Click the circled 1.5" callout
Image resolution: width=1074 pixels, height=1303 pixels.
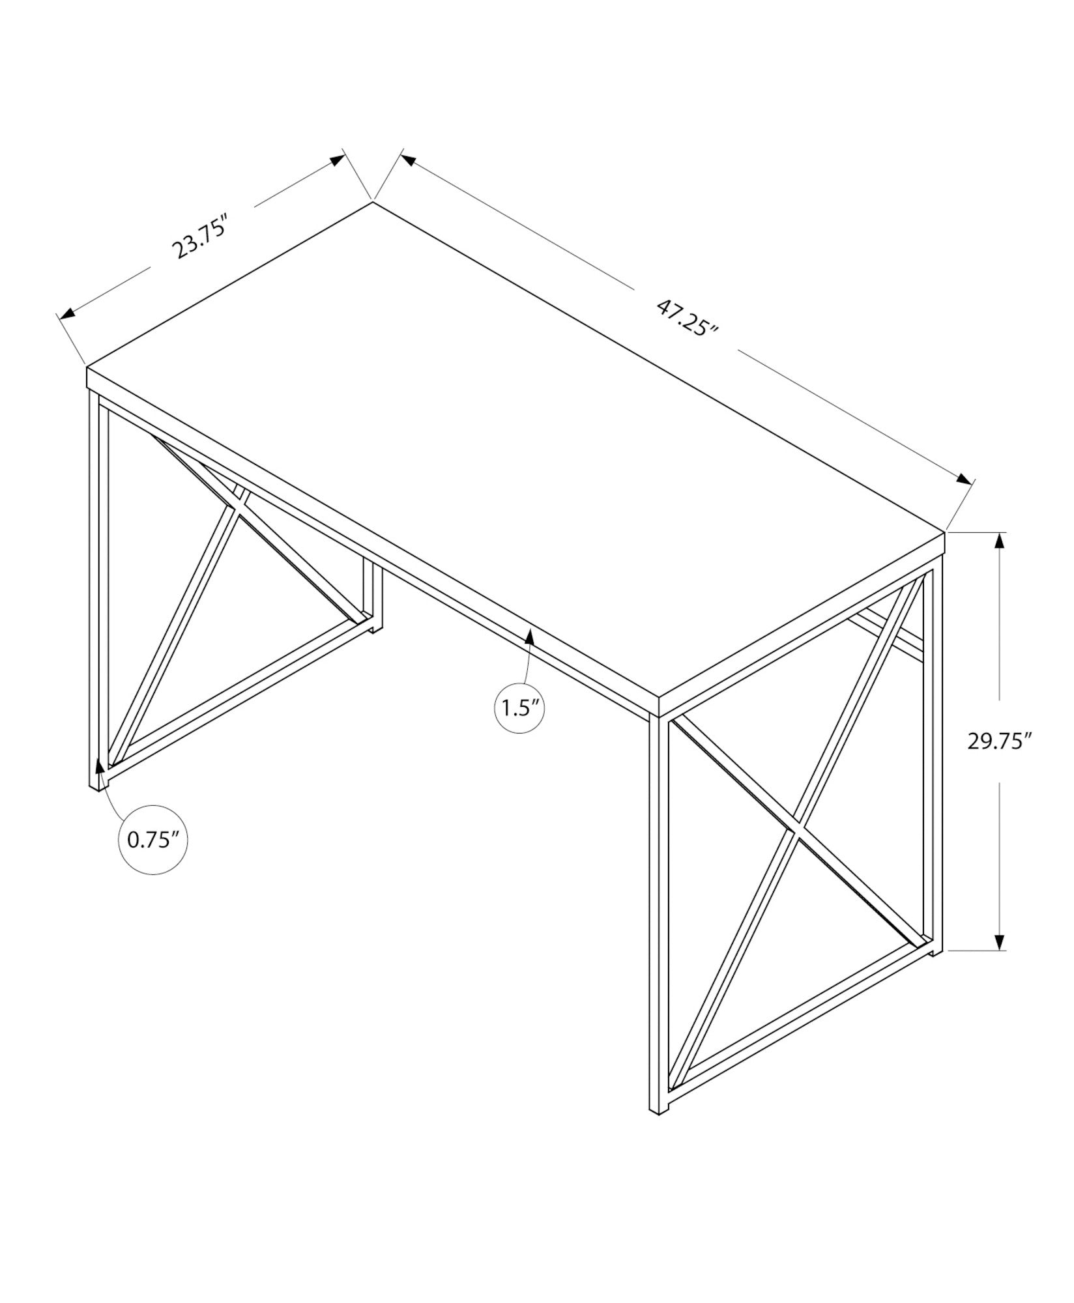(519, 708)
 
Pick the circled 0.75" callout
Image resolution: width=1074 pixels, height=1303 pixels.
(153, 840)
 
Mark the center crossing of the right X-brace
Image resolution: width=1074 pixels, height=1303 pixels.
(797, 831)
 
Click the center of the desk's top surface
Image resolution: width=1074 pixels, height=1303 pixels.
(515, 456)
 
